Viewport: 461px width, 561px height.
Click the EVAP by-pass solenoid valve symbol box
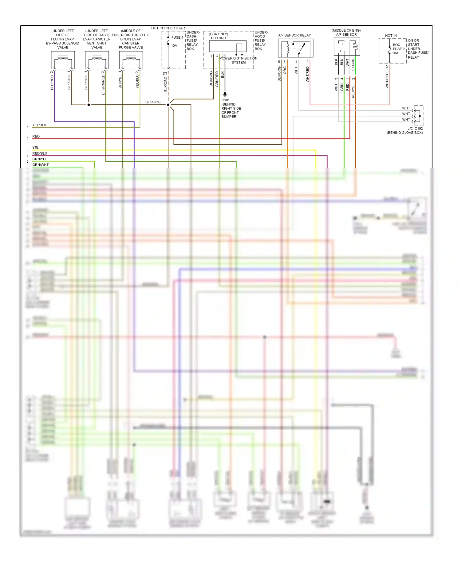[63, 60]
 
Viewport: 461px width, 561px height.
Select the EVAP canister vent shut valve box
[97, 60]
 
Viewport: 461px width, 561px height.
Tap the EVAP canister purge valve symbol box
[131, 60]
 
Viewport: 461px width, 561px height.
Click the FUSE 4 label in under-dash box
[177, 37]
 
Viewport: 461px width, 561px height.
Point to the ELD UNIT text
[219, 38]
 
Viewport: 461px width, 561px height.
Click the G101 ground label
[226, 100]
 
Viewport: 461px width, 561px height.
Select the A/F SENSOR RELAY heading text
[294, 35]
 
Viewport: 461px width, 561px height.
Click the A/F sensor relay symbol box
[296, 48]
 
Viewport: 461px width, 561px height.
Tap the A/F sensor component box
[347, 46]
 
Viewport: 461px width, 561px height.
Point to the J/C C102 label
[415, 129]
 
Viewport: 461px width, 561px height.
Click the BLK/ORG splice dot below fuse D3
[168, 105]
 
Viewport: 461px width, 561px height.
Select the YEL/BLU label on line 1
[39, 125]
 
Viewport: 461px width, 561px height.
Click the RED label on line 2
[36, 136]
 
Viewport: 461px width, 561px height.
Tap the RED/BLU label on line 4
[40, 153]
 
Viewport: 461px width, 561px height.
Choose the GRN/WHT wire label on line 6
[41, 164]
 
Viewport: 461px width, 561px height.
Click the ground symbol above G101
[225, 94]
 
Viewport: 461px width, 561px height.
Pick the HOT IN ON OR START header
[169, 28]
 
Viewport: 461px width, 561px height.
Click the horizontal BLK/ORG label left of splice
[153, 102]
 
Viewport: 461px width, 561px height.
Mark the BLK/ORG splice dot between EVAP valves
[89, 105]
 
